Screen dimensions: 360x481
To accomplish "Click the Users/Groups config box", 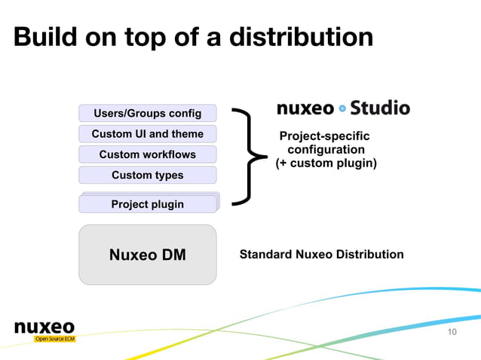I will [147, 114].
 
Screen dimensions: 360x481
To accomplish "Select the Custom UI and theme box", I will [147, 134].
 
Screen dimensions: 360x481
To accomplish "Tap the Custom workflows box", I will [147, 154].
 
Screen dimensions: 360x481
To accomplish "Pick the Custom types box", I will [147, 175].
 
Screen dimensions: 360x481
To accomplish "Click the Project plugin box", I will [147, 204].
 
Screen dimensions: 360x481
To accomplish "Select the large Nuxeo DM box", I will [147, 255].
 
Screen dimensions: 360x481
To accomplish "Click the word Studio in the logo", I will [380, 108].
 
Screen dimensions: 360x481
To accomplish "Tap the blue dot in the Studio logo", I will [342, 108].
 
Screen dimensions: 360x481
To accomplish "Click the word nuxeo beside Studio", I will [305, 108].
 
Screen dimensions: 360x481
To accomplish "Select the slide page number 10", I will [452, 332].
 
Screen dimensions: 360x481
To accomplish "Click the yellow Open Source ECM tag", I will [54, 339].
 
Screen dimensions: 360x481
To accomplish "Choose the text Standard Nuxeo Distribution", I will [321, 255].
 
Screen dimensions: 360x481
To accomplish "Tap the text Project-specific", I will [325, 136].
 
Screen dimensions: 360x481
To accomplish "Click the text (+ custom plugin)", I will [326, 163].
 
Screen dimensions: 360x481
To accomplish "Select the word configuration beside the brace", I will [326, 150].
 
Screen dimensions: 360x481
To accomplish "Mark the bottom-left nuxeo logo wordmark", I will [44, 327].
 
